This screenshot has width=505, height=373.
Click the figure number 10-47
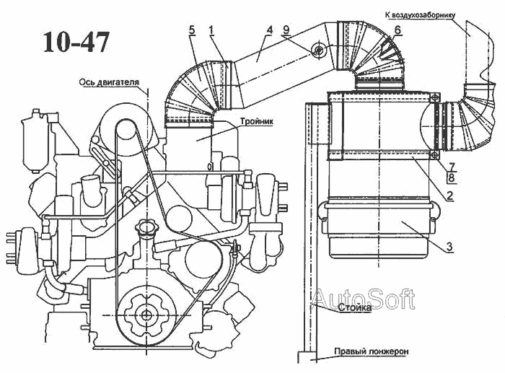pos(76,42)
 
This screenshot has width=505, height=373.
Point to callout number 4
pos(268,30)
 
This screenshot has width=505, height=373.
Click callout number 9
pos(286,30)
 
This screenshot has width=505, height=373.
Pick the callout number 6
pos(398,30)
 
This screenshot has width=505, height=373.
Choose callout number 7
pos(450,165)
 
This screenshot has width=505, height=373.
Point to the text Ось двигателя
pos(110,82)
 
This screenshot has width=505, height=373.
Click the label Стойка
pos(355,307)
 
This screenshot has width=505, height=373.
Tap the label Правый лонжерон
pos(371,352)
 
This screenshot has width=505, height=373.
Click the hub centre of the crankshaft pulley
pos(147,314)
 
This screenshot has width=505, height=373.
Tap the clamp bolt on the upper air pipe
pos(317,50)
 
